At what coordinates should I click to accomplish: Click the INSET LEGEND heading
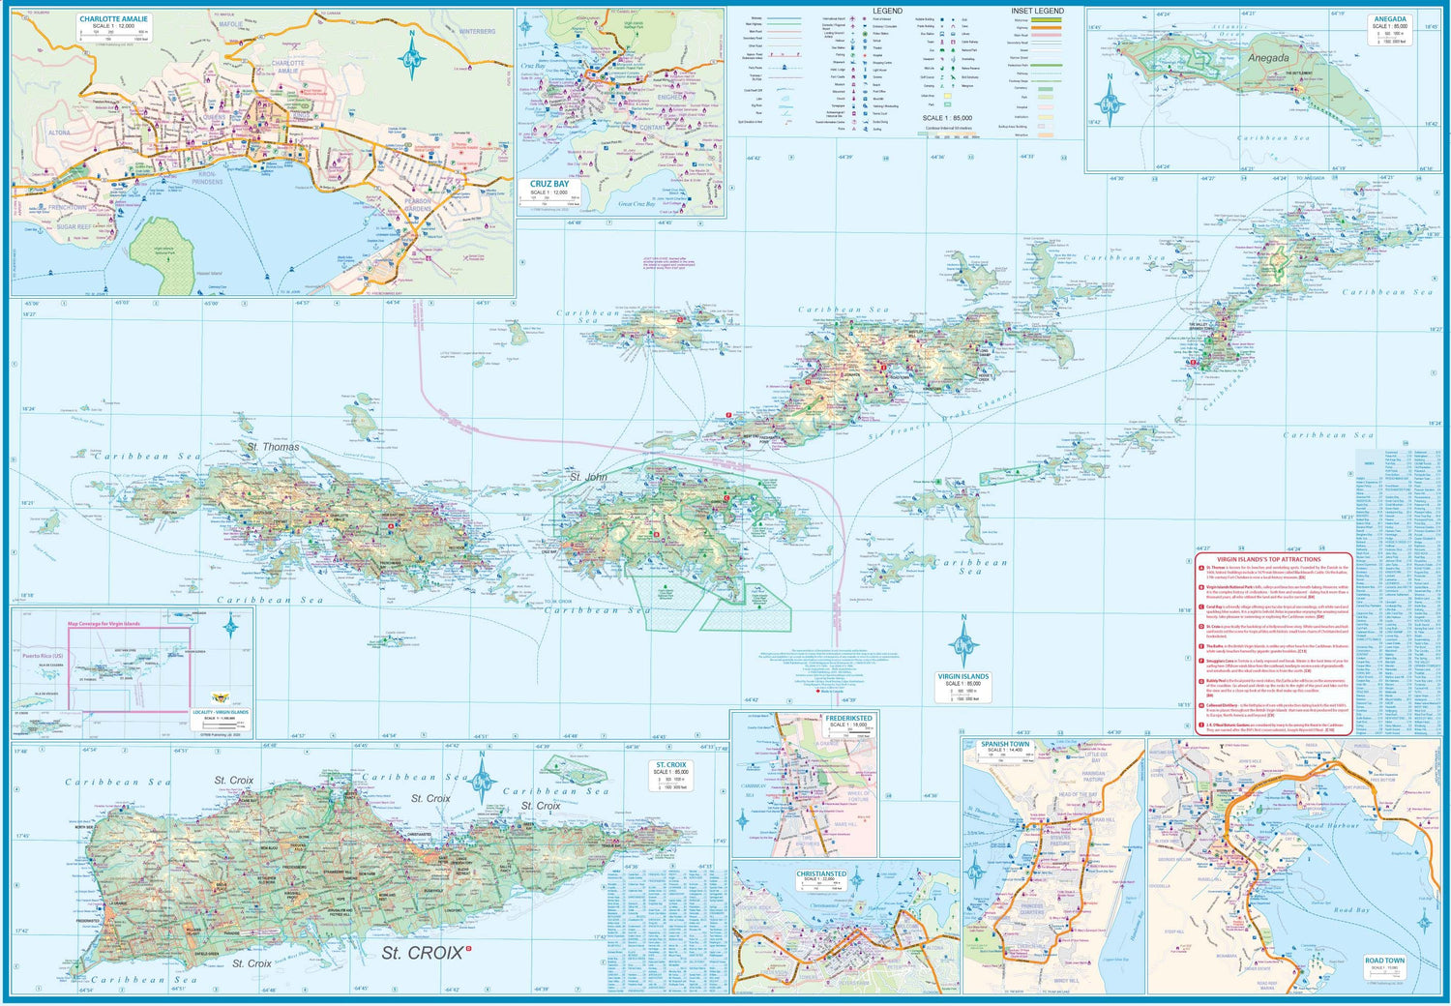(x=1037, y=11)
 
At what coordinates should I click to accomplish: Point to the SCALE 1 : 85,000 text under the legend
(x=947, y=118)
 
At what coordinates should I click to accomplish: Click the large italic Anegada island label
(x=1267, y=58)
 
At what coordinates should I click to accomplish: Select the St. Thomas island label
(x=273, y=447)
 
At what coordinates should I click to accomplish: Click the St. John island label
(x=588, y=477)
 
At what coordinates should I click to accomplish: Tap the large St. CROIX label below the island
(x=422, y=953)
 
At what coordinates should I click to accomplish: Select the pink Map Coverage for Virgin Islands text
(x=104, y=624)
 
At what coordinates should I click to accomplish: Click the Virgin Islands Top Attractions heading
(x=1267, y=559)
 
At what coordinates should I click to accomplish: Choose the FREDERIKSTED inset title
(x=848, y=719)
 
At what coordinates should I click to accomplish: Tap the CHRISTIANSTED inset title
(x=820, y=873)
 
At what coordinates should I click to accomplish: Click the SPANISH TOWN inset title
(x=1005, y=745)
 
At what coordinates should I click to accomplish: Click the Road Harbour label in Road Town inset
(x=1332, y=825)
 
